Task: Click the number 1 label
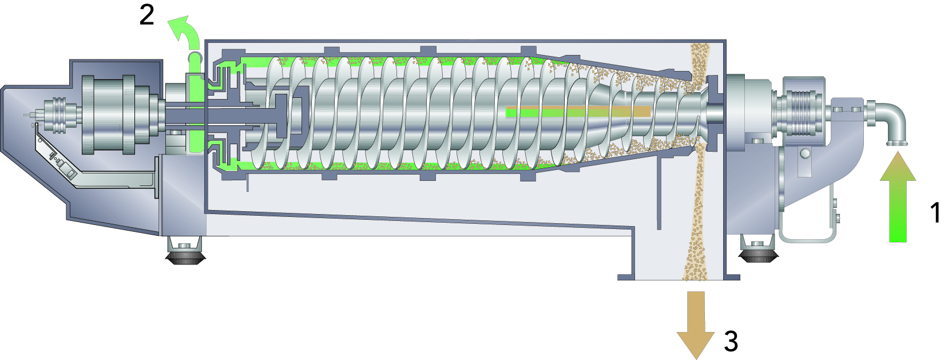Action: [935, 212]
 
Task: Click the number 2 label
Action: [146, 15]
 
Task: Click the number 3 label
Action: [731, 341]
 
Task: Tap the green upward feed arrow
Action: [898, 197]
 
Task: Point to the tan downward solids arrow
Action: [695, 325]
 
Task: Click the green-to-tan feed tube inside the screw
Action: [578, 111]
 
